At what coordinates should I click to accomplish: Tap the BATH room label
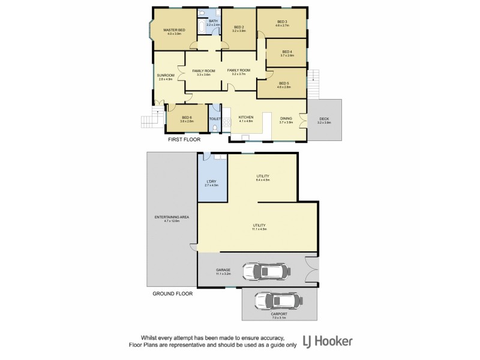(214, 22)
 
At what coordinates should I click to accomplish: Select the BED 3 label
(282, 22)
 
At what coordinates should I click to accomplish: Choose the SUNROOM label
(166, 76)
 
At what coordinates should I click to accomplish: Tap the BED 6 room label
(187, 118)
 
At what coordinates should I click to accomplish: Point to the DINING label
(286, 119)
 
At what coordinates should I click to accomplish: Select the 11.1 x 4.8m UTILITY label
(259, 227)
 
